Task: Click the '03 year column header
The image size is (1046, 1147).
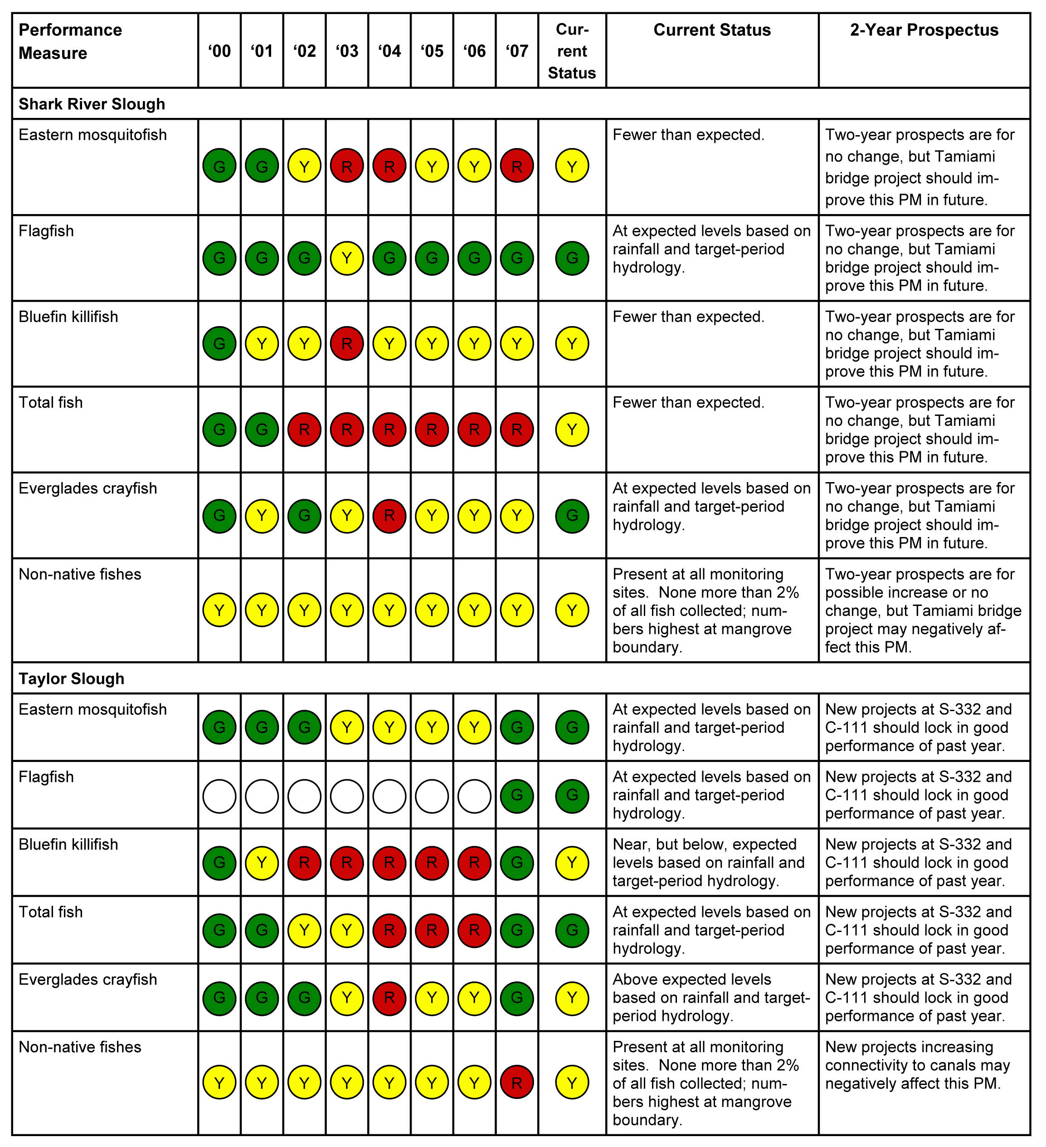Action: tap(347, 51)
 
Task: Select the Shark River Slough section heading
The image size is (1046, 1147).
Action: tap(92, 104)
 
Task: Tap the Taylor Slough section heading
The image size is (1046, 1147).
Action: tap(71, 679)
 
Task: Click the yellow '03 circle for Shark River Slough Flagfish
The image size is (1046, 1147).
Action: tap(347, 259)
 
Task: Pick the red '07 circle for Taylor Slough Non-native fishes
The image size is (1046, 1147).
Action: tap(517, 1083)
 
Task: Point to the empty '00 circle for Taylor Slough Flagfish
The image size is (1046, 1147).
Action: tap(219, 796)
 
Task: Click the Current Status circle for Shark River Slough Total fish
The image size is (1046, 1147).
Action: tap(572, 430)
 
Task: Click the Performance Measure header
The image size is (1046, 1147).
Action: tap(70, 41)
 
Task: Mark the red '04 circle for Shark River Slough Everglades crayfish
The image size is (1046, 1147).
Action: tap(389, 516)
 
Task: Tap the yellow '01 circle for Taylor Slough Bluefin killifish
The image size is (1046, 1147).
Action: tap(262, 863)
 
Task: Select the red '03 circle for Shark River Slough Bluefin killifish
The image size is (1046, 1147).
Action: tap(347, 344)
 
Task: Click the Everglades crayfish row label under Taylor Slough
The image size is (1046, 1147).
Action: tap(88, 980)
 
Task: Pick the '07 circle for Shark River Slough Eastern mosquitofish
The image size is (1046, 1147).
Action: tap(517, 166)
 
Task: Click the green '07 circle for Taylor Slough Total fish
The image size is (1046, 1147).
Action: tap(517, 930)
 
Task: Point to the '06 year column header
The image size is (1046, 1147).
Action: tap(474, 51)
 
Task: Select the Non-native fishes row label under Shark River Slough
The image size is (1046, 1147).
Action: tap(80, 575)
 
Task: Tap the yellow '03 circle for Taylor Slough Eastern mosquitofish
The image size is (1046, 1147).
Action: tap(347, 727)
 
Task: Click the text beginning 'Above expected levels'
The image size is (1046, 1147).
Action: tap(711, 998)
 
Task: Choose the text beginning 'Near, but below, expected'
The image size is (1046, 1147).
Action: tap(709, 863)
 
